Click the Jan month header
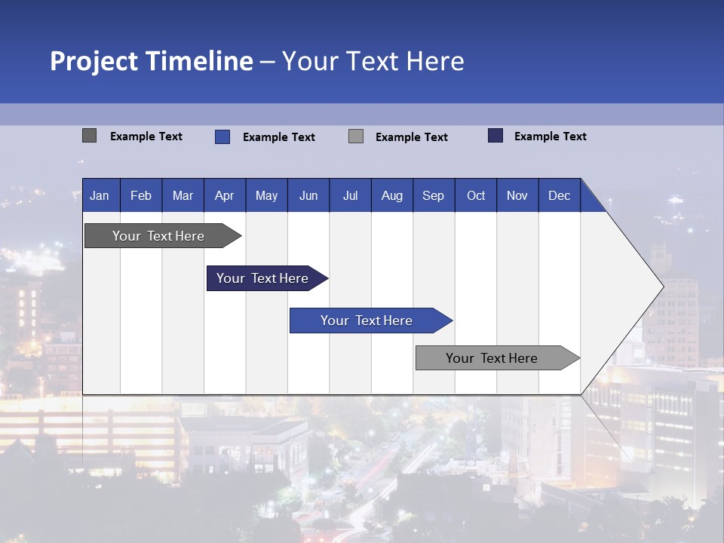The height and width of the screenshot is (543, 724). point(100,195)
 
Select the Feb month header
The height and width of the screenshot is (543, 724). point(141,195)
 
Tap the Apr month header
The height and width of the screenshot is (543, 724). point(224,195)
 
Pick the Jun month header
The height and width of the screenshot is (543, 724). point(308,195)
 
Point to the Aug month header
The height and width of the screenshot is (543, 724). point(391,195)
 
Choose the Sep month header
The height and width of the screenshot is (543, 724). point(433,195)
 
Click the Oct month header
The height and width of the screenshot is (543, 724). point(476,195)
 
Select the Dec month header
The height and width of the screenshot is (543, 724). point(559,195)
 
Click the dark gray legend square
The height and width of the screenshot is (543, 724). point(89,136)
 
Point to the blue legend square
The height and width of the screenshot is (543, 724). point(222,137)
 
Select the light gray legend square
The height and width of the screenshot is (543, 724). point(356,137)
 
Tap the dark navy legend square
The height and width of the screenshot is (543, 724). point(495,136)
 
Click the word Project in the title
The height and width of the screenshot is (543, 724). point(94,61)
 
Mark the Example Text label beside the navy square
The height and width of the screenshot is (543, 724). point(550,137)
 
